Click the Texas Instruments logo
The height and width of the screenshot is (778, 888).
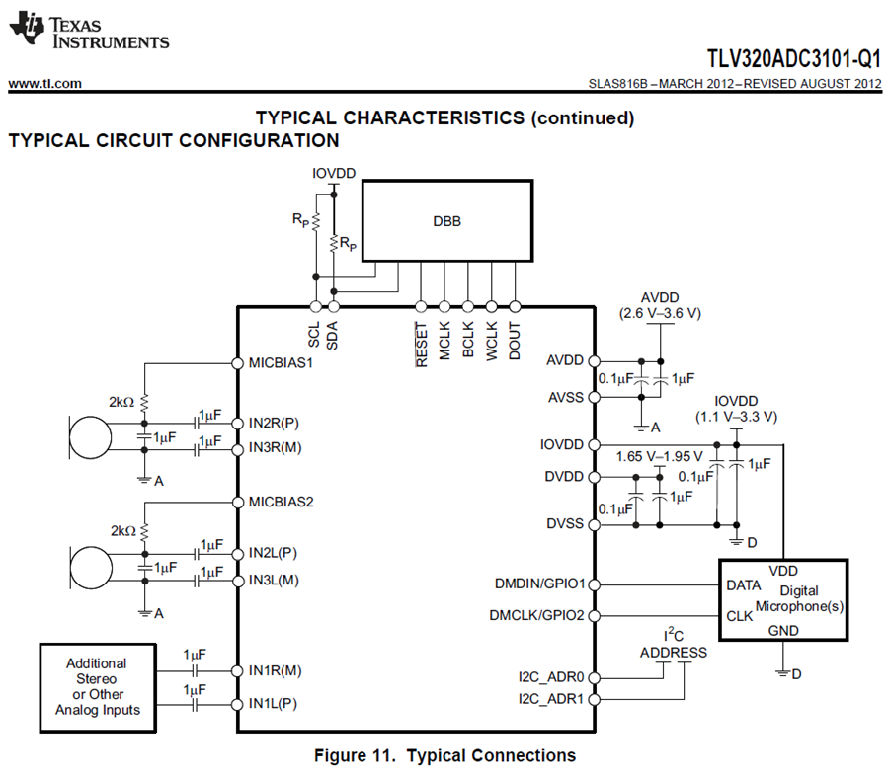coord(89,33)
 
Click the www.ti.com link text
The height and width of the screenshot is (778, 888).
coord(44,84)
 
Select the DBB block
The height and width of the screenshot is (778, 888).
coord(446,220)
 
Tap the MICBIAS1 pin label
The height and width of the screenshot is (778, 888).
coord(281,362)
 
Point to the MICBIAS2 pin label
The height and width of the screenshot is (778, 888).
coord(281,502)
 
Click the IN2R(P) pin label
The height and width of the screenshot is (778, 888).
coord(274,424)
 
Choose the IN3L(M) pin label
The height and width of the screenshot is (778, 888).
coord(274,581)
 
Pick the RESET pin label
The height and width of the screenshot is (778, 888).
coord(422,345)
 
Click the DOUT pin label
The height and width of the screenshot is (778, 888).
coord(515,342)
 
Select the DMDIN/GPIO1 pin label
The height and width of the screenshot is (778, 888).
coord(540,584)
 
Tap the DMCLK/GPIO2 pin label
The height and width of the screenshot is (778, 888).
coord(537,615)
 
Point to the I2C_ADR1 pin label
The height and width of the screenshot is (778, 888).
coord(552,699)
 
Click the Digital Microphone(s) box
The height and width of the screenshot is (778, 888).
coord(782,600)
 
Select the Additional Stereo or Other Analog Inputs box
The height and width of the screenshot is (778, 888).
coord(97,687)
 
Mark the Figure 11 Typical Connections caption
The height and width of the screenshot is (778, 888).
coord(444,756)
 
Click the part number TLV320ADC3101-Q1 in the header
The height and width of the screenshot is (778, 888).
coord(793,57)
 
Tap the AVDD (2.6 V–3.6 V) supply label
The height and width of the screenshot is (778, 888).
coord(659,305)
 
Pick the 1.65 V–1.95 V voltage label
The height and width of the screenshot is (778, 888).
coord(659,456)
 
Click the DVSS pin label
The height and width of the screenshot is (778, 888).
coord(565,523)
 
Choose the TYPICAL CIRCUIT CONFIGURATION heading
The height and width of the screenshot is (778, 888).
coord(174,141)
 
